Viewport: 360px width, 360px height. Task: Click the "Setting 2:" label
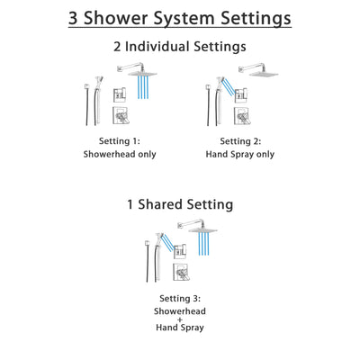click(240, 141)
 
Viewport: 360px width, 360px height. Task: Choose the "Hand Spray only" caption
click(240, 154)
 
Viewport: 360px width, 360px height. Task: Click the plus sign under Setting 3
click(180, 321)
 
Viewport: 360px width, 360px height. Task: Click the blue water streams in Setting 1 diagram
click(141, 86)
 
